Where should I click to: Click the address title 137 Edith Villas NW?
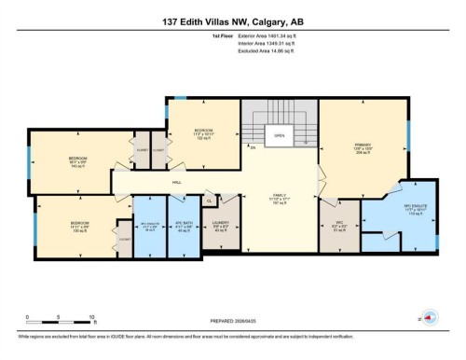pos(233,21)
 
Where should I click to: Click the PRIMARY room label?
pos(363,145)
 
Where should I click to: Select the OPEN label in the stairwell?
pos(279,134)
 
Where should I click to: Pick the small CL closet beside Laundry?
pos(210,201)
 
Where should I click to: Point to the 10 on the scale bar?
pos(91,318)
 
